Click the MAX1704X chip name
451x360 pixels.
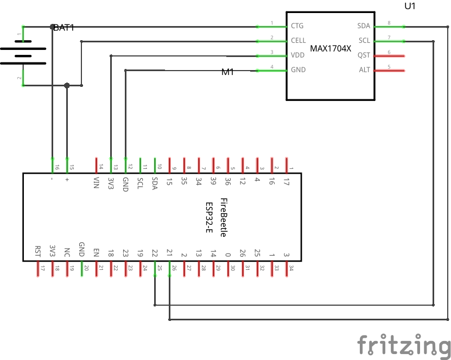tap(331, 48)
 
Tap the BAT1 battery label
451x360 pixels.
tap(63, 27)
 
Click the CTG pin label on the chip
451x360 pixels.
tap(297, 26)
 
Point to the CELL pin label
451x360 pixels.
tap(298, 40)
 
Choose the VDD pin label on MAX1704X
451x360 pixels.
tap(297, 55)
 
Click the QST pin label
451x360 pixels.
tap(364, 55)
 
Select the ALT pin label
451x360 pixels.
tap(364, 70)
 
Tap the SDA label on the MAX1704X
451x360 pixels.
tap(364, 26)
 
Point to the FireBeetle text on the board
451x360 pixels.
tap(223, 218)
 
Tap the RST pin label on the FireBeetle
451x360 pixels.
tap(37, 250)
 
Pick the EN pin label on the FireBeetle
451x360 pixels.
tap(96, 252)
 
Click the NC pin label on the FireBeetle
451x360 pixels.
tap(67, 252)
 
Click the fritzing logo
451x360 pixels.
tap(404, 345)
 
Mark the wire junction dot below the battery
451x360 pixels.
tap(67, 85)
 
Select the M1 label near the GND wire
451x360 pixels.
tap(227, 72)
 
